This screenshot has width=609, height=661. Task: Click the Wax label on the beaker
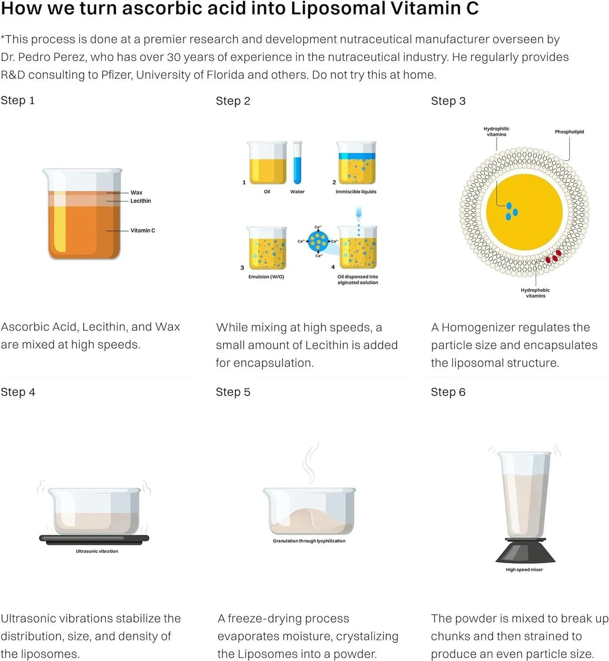(136, 192)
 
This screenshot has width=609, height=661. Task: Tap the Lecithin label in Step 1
(140, 200)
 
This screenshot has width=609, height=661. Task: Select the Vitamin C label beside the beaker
(142, 231)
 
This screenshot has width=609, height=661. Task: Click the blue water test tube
(297, 162)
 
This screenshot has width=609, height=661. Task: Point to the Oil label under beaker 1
(267, 191)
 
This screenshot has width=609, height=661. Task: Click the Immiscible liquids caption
(356, 191)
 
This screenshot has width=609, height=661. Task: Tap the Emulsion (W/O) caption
(266, 277)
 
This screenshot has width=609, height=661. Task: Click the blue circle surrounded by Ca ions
(318, 241)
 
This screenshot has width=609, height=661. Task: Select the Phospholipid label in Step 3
(569, 132)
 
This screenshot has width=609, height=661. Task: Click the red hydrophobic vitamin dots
(553, 257)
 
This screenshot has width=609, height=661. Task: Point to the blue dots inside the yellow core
(511, 211)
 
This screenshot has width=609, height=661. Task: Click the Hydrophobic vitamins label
(535, 293)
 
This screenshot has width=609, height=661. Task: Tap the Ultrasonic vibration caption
(97, 551)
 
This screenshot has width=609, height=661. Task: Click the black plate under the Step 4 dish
(94, 539)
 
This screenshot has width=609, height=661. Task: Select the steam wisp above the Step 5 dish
(311, 463)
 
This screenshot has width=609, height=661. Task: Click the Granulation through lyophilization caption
(309, 541)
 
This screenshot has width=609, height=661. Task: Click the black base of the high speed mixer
(525, 551)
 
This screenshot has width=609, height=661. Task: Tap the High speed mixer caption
(524, 569)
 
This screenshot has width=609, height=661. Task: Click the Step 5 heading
(233, 392)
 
